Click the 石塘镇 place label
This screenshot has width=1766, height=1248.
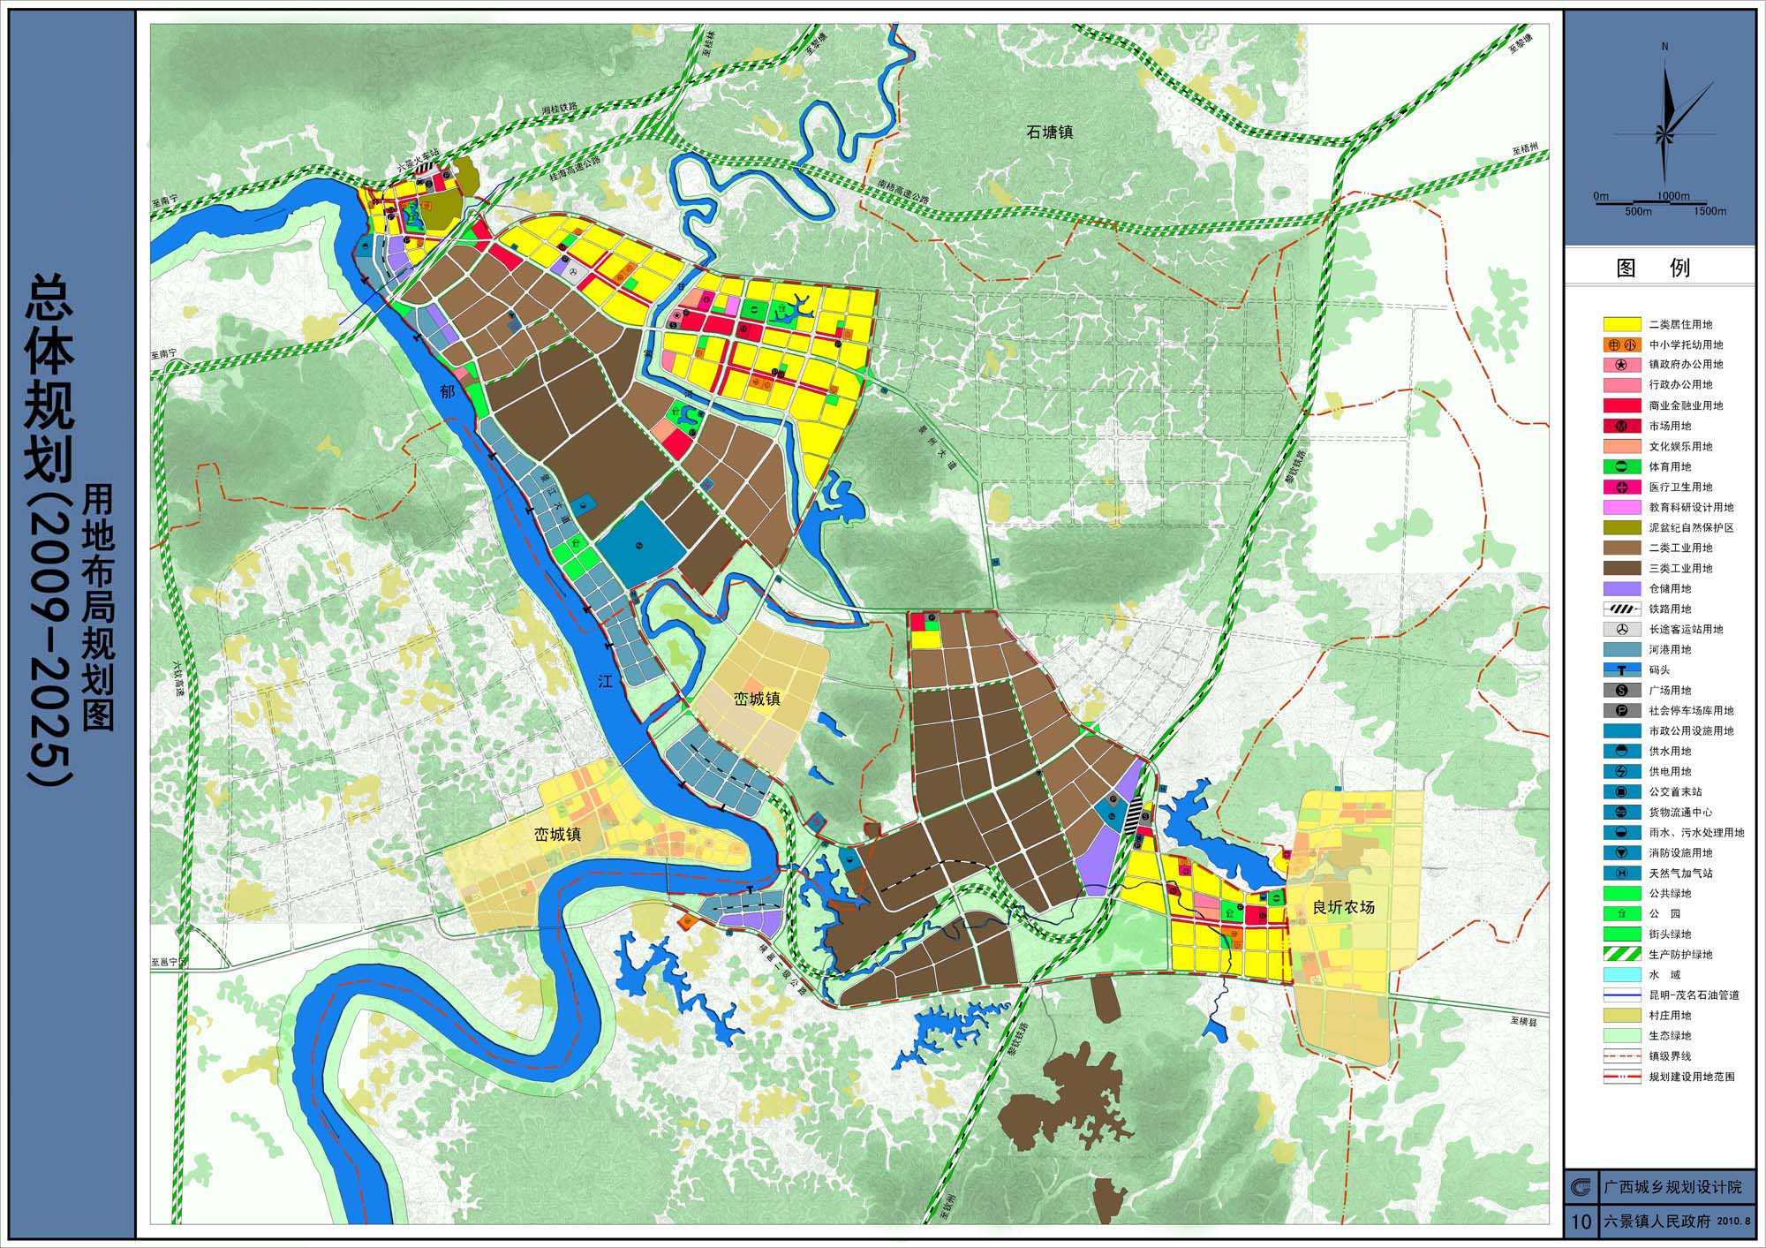click(1049, 132)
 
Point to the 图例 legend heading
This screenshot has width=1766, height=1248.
click(1659, 268)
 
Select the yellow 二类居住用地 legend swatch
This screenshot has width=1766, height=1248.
click(1622, 324)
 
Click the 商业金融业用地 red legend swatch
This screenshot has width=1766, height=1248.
click(1622, 405)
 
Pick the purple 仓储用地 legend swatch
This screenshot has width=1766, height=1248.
click(1622, 588)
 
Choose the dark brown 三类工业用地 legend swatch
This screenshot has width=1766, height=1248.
click(1622, 568)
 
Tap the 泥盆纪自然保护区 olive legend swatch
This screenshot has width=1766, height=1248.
click(1622, 527)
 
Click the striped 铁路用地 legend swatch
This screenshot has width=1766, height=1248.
click(1622, 609)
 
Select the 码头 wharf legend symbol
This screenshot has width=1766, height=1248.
click(1622, 669)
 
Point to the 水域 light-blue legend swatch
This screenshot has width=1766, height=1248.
click(1622, 974)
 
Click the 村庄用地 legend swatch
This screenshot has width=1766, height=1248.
click(1622, 1015)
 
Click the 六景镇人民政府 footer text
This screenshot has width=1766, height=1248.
click(1658, 1222)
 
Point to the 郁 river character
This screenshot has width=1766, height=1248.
click(448, 390)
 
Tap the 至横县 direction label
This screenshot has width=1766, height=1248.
click(1522, 1020)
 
